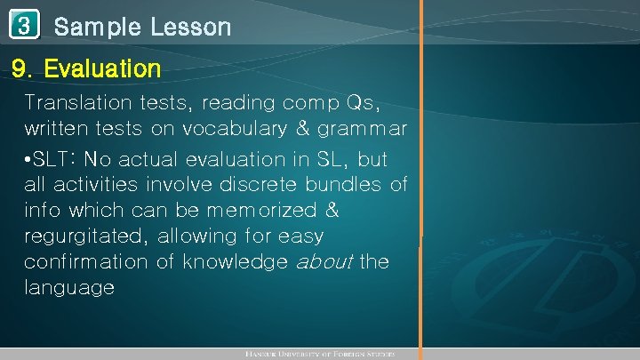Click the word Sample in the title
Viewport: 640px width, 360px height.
97,27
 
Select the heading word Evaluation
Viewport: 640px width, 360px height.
102,68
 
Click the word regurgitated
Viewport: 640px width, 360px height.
85,237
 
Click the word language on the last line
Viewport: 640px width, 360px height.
69,289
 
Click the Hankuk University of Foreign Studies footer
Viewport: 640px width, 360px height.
319,354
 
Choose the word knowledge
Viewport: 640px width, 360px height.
236,263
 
